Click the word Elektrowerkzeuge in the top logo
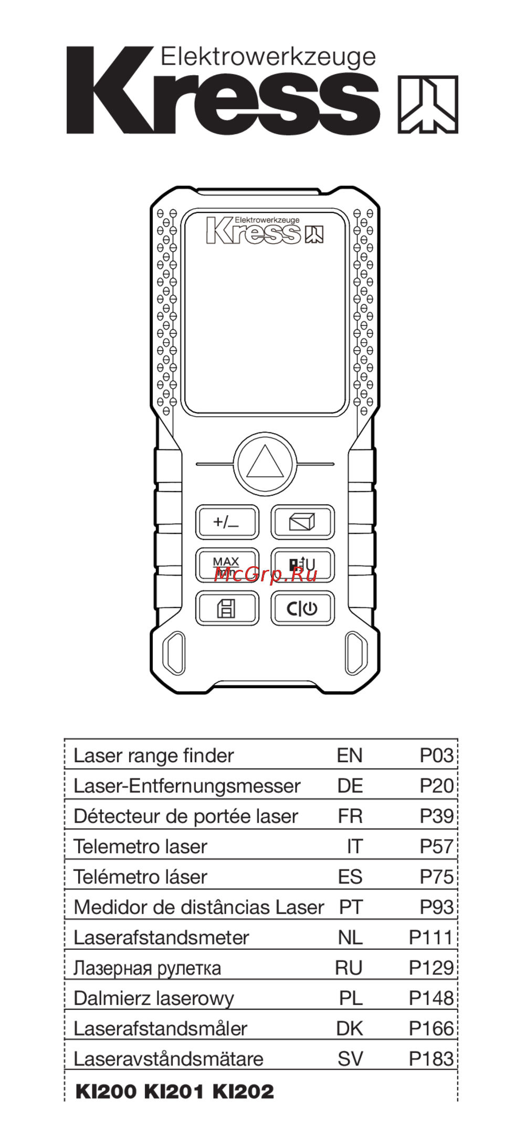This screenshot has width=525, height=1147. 268,57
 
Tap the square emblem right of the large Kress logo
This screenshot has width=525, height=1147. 428,104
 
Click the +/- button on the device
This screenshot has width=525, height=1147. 227,522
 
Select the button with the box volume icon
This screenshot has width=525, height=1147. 302,522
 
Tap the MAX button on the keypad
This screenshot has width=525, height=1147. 227,565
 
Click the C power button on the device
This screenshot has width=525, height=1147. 302,608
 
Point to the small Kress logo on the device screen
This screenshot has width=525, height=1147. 265,230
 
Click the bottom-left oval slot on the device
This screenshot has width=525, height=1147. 174,653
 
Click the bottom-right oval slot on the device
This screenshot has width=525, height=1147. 356,653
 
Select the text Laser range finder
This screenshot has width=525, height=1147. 153,756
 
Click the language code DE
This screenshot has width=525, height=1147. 350,786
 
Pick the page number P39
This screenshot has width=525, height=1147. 436,816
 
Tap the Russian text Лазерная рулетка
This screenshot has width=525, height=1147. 147,968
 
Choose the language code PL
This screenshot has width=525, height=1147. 351,998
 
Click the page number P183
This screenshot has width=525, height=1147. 431,1059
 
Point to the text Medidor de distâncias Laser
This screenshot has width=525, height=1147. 199,907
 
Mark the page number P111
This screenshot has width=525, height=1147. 431,938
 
